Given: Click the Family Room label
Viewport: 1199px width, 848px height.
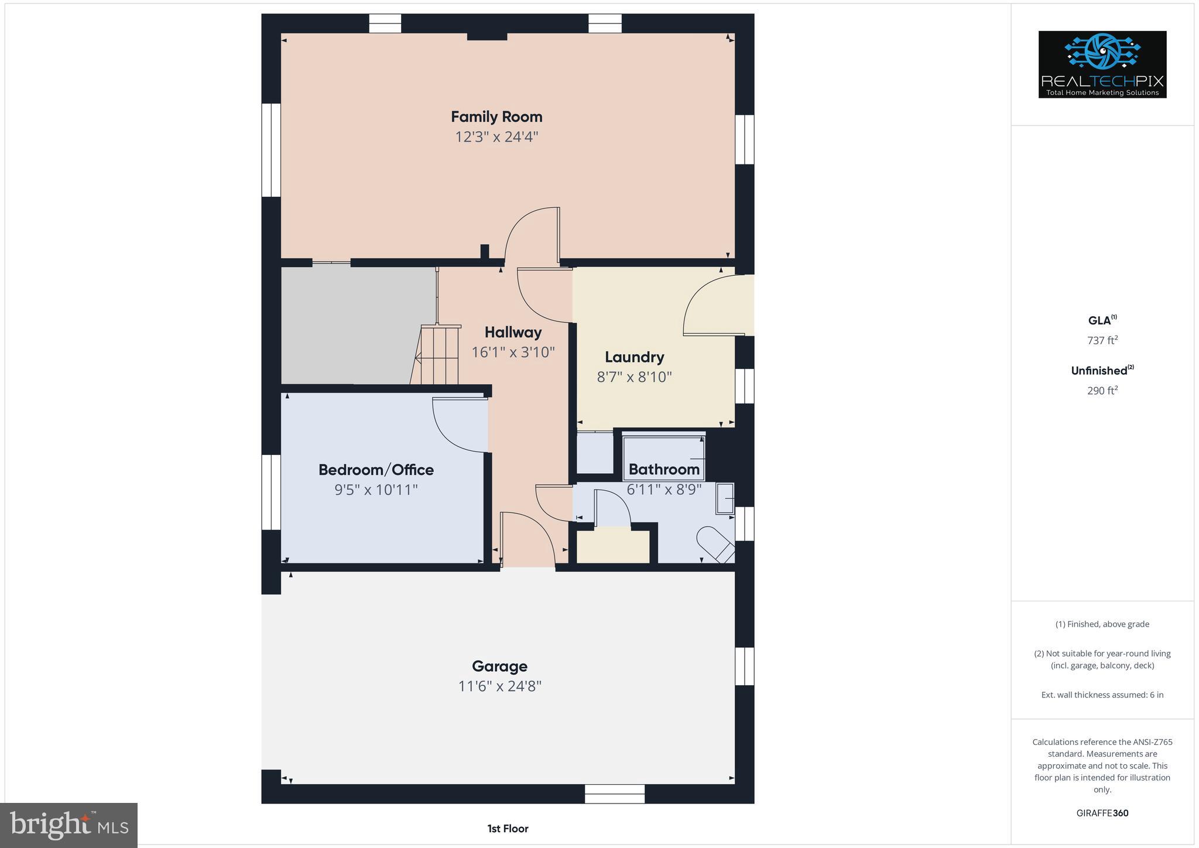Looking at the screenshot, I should pyautogui.click(x=496, y=117).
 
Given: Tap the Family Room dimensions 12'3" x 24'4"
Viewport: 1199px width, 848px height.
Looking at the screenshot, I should pyautogui.click(x=496, y=137).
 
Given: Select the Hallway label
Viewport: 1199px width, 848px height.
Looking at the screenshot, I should pyautogui.click(x=513, y=332).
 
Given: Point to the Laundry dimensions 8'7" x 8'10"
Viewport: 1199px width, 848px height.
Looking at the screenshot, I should pyautogui.click(x=634, y=377).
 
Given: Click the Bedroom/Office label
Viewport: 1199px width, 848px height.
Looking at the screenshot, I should pyautogui.click(x=376, y=470).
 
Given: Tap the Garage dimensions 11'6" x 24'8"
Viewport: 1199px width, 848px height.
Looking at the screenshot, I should pyautogui.click(x=499, y=686).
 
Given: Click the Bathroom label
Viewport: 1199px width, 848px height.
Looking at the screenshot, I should pyautogui.click(x=664, y=469).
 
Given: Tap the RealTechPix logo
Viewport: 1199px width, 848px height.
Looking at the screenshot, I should pyautogui.click(x=1102, y=64).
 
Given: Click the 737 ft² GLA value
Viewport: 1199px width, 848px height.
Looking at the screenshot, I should pyautogui.click(x=1102, y=340).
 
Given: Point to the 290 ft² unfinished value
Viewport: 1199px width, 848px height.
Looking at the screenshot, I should pyautogui.click(x=1102, y=391).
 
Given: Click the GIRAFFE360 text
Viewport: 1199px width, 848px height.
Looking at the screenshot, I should pyautogui.click(x=1102, y=813).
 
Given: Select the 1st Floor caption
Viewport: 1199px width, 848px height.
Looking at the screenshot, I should pyautogui.click(x=508, y=828).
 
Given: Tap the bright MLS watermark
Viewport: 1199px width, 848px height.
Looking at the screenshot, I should pyautogui.click(x=68, y=825).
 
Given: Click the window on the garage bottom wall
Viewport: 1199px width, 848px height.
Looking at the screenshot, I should pyautogui.click(x=615, y=794).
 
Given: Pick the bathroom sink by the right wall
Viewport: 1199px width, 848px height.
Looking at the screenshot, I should pyautogui.click(x=725, y=498).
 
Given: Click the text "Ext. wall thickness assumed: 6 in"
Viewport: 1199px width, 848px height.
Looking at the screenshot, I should pyautogui.click(x=1102, y=695).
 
